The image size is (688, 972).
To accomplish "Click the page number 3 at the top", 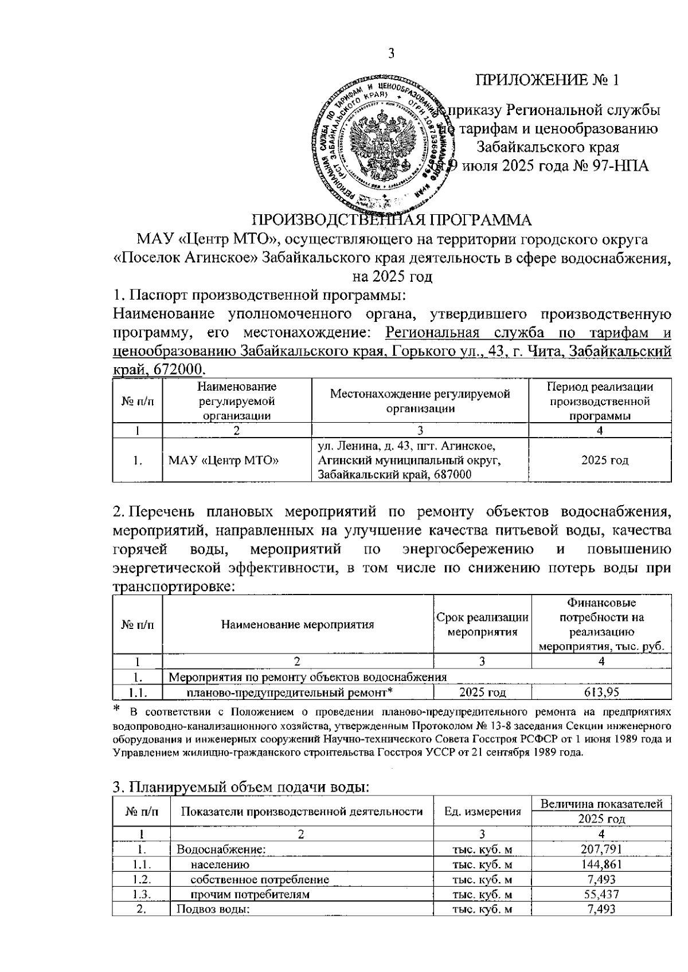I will (x=392, y=54).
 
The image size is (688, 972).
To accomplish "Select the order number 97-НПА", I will (x=618, y=166).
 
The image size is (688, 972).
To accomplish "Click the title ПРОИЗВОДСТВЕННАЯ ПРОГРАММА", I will (x=393, y=221).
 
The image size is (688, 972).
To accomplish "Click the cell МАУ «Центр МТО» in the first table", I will (x=224, y=460).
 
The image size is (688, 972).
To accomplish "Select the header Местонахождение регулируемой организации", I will (x=420, y=401).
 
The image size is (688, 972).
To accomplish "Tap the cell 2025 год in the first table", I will (x=599, y=460).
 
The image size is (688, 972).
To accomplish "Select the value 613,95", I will (x=601, y=692).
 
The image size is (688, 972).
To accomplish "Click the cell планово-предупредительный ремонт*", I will (x=290, y=692).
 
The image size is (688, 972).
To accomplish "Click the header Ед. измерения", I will (x=483, y=811).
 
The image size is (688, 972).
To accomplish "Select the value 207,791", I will (x=601, y=849).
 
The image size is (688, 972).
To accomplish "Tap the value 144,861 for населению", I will (x=601, y=864).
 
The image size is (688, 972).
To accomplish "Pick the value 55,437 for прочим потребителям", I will (x=601, y=894).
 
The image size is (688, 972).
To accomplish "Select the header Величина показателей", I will (x=601, y=804).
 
